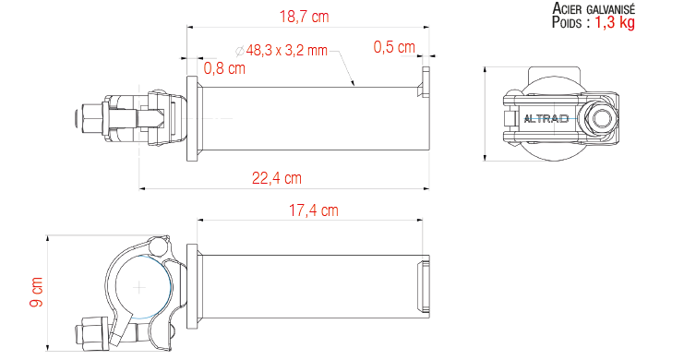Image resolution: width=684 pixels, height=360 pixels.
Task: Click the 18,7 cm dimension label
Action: pyautogui.click(x=304, y=17)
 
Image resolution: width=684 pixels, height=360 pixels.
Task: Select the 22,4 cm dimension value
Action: pyautogui.click(x=277, y=178)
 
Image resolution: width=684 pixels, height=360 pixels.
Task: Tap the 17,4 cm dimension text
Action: pyautogui.click(x=314, y=210)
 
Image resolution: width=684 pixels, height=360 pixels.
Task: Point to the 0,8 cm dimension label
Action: pyautogui.click(x=224, y=68)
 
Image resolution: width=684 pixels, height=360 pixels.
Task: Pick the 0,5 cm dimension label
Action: pyautogui.click(x=394, y=47)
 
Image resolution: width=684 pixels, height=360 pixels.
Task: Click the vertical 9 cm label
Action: pyautogui.click(x=37, y=292)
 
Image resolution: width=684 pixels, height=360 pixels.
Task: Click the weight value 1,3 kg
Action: pyautogui.click(x=615, y=22)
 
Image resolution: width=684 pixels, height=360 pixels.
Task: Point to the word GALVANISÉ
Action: pyautogui.click(x=611, y=8)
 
